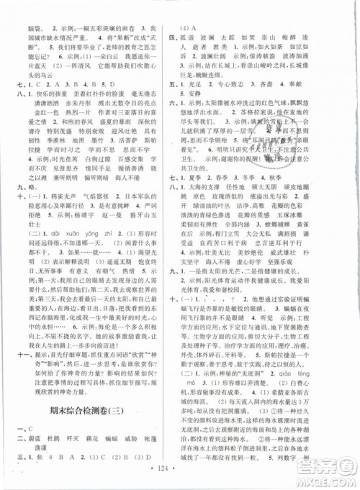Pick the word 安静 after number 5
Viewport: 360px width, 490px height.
[202, 94]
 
